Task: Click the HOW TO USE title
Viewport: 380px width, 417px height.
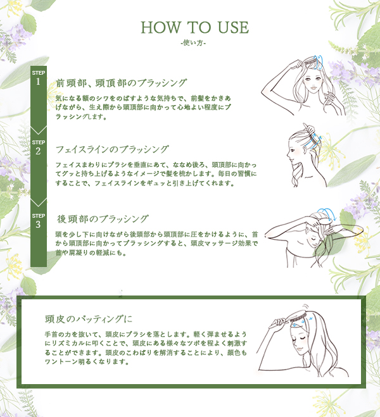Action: (x=194, y=27)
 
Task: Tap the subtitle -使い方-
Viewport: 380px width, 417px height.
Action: (x=193, y=42)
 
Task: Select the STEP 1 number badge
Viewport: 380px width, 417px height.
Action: (x=39, y=78)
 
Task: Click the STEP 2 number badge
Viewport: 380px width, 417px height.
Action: (x=39, y=148)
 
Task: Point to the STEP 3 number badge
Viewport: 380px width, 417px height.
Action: (x=39, y=221)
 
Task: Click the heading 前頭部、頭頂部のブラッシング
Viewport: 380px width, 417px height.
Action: (x=122, y=83)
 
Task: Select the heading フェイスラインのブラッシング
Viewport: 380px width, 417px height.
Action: (x=112, y=149)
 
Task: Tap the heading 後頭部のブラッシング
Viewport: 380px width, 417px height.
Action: (x=103, y=219)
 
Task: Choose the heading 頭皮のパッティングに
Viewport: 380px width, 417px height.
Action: (x=89, y=318)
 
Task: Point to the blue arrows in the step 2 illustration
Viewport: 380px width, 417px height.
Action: (x=313, y=142)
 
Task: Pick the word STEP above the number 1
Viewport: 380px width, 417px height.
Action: (x=39, y=73)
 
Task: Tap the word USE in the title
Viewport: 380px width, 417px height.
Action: (x=233, y=27)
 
